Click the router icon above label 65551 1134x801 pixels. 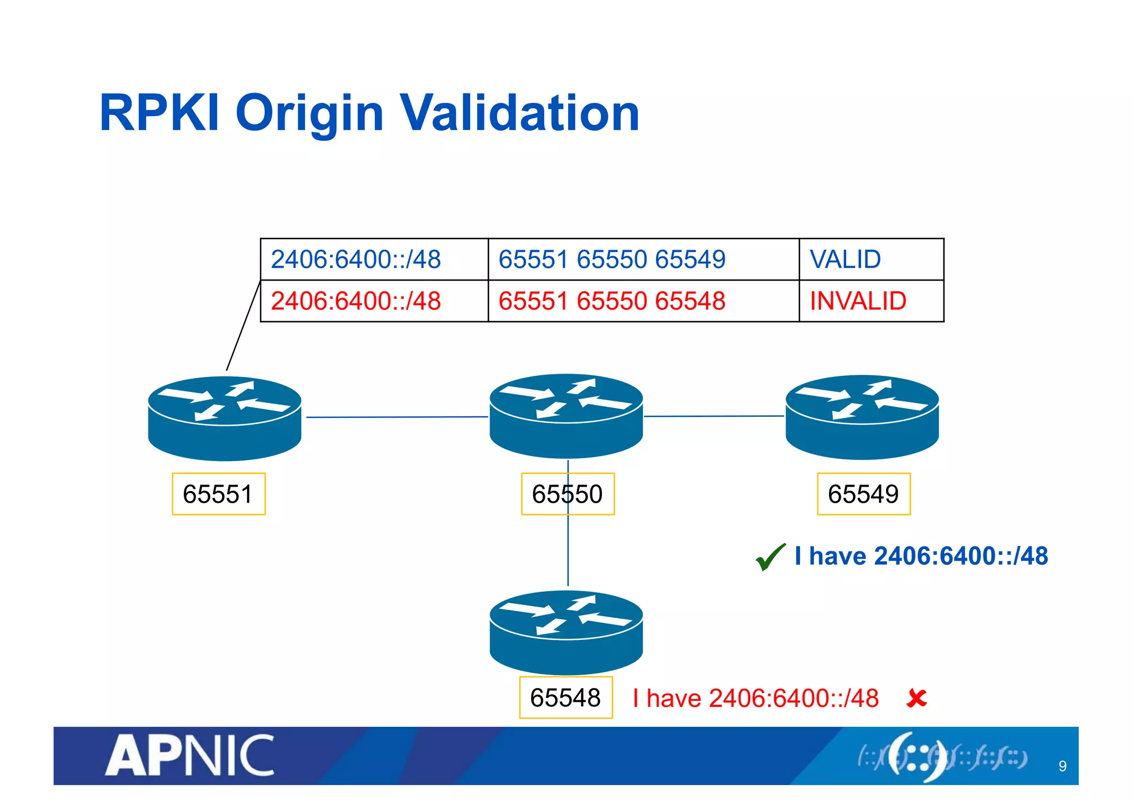coord(224,418)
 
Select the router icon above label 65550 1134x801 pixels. coord(566,416)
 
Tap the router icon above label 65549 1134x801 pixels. coord(862,417)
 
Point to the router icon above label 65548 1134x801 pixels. coord(566,632)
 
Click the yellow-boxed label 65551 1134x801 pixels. coord(218,494)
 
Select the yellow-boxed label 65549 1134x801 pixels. coord(863,494)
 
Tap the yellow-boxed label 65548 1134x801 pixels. coord(565,697)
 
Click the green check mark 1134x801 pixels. coord(770,556)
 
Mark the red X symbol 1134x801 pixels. coord(916,698)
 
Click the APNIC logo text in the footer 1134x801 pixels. coord(189,756)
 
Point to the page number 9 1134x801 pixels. coord(1062,766)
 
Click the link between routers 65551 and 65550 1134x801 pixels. coord(396,417)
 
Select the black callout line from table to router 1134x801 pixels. coord(243,326)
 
